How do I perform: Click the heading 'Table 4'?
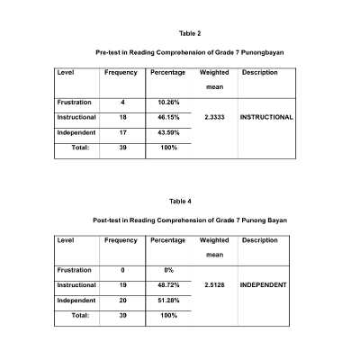click(180, 201)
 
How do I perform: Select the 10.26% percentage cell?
click(168, 103)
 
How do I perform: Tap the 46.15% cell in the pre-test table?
click(168, 117)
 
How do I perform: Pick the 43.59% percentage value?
click(168, 132)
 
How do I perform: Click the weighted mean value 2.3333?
click(214, 117)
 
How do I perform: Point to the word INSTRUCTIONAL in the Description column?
click(266, 117)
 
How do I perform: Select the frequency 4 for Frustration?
click(122, 103)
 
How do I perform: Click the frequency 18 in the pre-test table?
click(122, 117)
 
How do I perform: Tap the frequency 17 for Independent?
click(122, 132)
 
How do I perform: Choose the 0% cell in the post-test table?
click(168, 270)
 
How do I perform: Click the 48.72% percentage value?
click(168, 284)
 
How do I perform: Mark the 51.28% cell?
click(168, 300)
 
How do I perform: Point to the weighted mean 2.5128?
click(214, 284)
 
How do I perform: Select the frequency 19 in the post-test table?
click(122, 284)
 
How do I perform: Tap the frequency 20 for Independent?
click(122, 300)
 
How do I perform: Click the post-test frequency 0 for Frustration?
click(122, 270)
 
